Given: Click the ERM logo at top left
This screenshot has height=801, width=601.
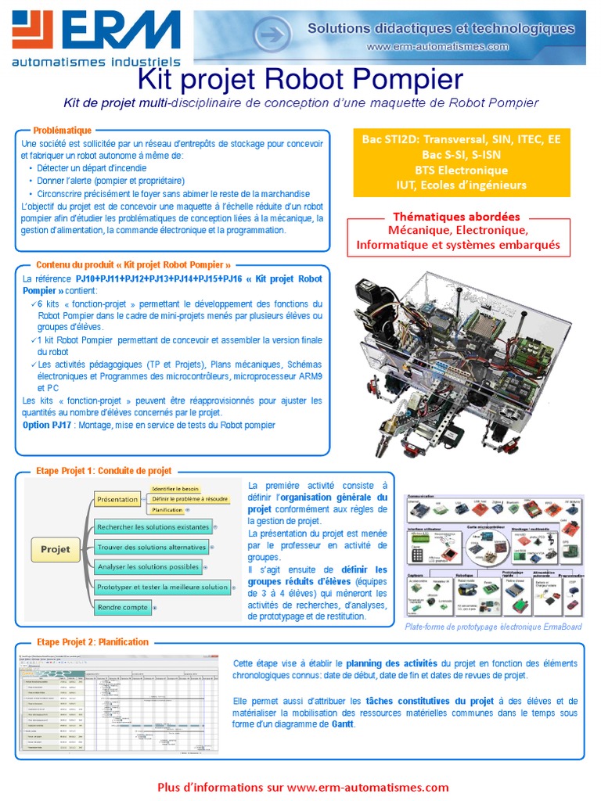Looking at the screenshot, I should pyautogui.click(x=94, y=35).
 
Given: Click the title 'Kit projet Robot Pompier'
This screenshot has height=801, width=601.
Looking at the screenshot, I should pyautogui.click(x=300, y=79).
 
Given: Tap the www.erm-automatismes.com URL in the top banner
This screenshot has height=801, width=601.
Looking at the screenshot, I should pyautogui.click(x=437, y=47).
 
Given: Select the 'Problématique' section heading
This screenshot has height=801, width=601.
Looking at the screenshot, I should pyautogui.click(x=63, y=131).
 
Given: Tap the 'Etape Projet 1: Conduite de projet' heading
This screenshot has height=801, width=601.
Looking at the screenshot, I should pyautogui.click(x=104, y=471).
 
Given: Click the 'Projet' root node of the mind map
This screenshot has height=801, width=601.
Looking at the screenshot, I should pyautogui.click(x=55, y=549).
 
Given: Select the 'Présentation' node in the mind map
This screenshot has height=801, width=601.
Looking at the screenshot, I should pyautogui.click(x=117, y=499).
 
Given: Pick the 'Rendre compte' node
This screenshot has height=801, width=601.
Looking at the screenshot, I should pyautogui.click(x=123, y=606).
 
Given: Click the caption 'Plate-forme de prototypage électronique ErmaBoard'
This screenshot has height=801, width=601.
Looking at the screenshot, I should pyautogui.click(x=493, y=627).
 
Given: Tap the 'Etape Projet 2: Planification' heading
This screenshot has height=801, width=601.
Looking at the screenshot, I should pyautogui.click(x=92, y=641).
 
